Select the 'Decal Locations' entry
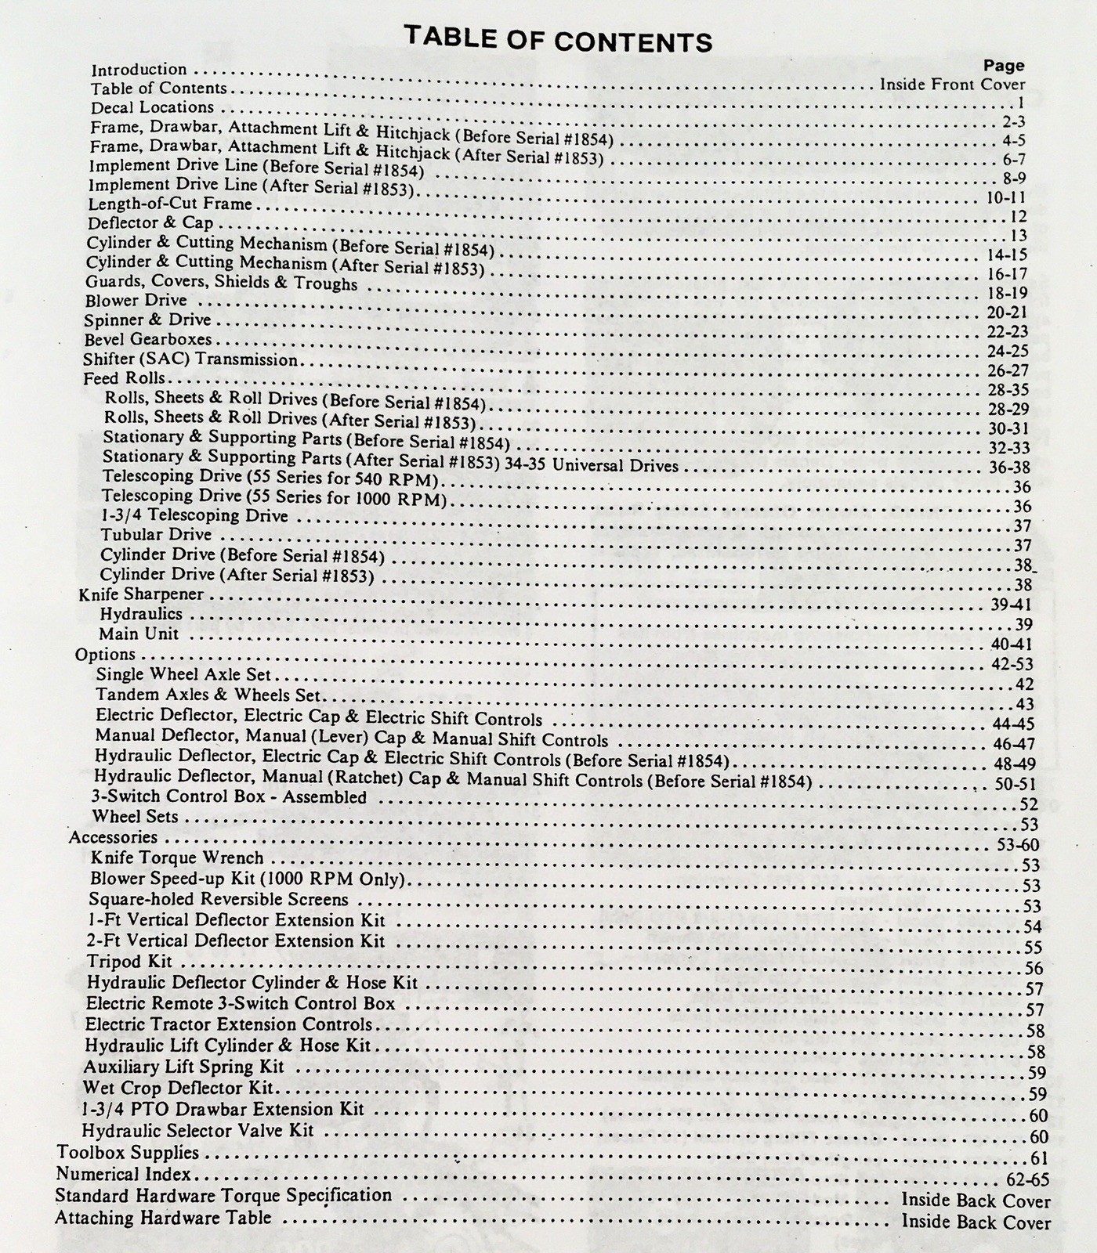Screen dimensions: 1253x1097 [152, 107]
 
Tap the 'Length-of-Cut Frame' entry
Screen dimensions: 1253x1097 [170, 204]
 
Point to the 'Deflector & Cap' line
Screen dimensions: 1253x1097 [150, 222]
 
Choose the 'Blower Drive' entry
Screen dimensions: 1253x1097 [136, 300]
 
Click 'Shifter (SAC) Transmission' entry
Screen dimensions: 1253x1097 [190, 359]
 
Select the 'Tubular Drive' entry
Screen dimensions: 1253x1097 [156, 535]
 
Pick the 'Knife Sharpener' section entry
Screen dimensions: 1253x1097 [141, 594]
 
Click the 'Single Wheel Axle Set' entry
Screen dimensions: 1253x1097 [183, 674]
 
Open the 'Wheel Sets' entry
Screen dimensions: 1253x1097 [135, 817]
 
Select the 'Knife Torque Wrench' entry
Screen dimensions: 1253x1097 [177, 858]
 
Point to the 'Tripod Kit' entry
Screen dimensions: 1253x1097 [129, 962]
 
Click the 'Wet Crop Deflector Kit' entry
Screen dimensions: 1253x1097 [178, 1088]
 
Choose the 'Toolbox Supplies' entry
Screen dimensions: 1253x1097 [128, 1153]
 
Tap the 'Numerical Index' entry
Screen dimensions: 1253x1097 [124, 1174]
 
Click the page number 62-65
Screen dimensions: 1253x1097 [1026, 1179]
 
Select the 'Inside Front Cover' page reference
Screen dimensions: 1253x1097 [952, 85]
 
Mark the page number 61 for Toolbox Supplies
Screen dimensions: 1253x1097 [1039, 1158]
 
